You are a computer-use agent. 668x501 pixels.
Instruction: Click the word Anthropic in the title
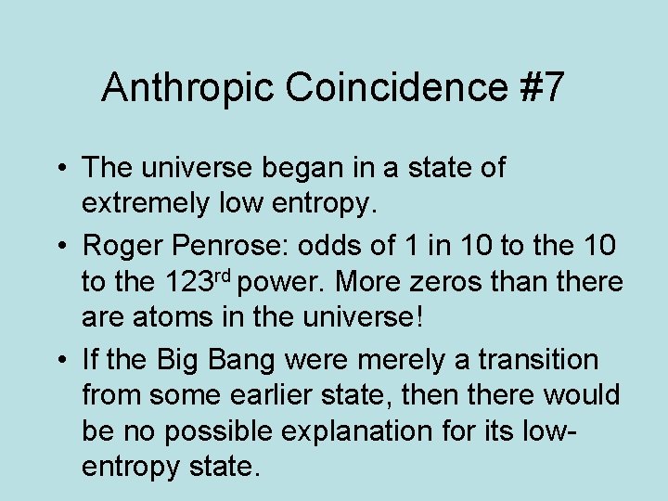pyautogui.click(x=188, y=87)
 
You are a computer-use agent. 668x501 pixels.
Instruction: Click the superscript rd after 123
pyautogui.click(x=233, y=276)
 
